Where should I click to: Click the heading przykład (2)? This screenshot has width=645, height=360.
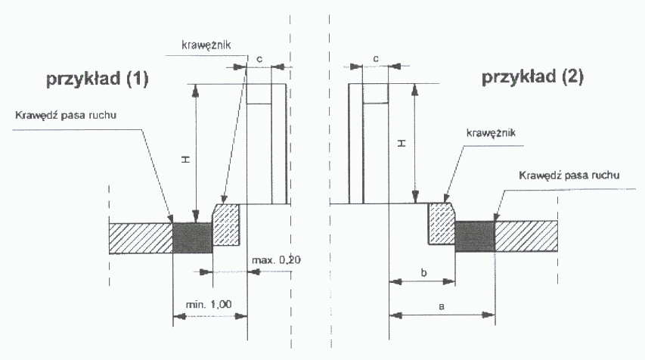(532, 76)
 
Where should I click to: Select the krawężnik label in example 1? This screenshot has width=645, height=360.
(206, 45)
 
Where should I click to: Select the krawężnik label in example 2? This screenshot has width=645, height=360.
(492, 132)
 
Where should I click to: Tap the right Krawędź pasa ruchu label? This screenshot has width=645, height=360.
(570, 175)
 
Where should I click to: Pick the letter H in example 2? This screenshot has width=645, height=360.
(402, 143)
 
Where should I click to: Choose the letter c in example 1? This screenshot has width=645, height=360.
(259, 57)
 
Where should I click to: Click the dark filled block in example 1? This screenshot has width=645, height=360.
(192, 237)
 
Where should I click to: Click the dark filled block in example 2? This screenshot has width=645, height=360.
(474, 235)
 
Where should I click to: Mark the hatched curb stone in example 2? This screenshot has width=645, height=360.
(441, 223)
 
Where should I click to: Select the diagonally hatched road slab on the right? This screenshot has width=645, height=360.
(526, 235)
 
